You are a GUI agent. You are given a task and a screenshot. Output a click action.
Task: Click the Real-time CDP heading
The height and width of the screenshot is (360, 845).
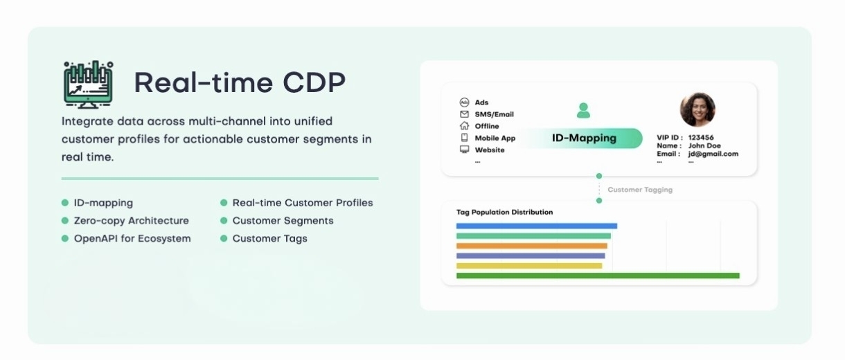(240, 82)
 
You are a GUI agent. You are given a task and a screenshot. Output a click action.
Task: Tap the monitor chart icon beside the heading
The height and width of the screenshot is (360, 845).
(89, 85)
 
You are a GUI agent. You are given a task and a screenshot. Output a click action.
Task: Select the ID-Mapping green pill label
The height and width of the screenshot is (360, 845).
(584, 138)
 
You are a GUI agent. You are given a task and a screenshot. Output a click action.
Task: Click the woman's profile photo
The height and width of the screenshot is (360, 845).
(697, 109)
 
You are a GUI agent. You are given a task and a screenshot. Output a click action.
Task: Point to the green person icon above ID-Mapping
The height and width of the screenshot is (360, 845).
(583, 111)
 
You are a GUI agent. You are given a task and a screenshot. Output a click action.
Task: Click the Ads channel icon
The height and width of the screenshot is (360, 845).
(464, 102)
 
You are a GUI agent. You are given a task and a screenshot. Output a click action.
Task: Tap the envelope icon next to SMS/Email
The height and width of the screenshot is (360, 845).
(464, 114)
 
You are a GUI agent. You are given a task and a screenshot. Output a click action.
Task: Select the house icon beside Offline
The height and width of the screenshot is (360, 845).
(464, 126)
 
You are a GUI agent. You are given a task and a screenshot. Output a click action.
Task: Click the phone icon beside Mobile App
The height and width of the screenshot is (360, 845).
(464, 138)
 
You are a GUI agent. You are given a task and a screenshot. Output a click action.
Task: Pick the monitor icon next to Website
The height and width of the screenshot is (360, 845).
(464, 150)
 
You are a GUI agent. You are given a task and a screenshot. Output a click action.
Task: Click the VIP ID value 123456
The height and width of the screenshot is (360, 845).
(700, 138)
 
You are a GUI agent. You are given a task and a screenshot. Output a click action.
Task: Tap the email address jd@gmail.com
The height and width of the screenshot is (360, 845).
(713, 154)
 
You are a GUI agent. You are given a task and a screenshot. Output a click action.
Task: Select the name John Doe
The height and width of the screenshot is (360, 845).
(704, 145)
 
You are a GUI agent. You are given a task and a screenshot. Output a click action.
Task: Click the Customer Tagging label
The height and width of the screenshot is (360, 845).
(640, 190)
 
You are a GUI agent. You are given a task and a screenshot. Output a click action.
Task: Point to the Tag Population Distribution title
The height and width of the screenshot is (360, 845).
(504, 213)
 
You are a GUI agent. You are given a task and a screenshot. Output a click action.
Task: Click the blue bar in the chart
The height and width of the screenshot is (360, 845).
(536, 226)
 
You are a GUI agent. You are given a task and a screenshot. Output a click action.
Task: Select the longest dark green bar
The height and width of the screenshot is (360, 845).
(598, 276)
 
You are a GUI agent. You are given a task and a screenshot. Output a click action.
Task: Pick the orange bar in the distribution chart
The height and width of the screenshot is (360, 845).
(531, 246)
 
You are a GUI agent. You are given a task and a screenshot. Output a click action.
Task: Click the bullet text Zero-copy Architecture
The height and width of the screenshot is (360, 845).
(132, 221)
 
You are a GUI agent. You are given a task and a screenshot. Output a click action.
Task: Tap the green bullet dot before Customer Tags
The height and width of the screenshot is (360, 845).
(224, 239)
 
